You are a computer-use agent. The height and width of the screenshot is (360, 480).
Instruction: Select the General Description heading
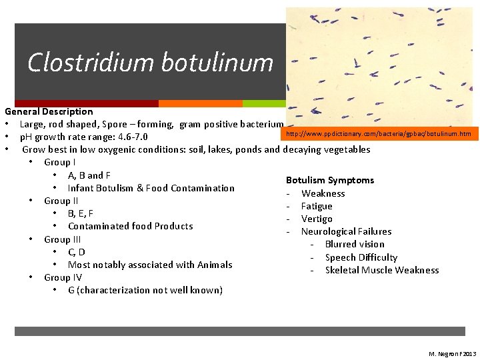click(49, 111)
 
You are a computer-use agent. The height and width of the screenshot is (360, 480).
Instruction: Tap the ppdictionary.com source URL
click(378, 134)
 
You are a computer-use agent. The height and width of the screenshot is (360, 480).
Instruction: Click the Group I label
click(59, 162)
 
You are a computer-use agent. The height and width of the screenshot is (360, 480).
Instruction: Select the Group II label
click(61, 201)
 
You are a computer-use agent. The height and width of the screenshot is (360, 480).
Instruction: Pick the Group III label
click(62, 239)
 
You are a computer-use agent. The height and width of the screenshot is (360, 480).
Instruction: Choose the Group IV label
click(62, 277)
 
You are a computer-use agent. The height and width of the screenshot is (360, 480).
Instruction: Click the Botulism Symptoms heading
click(330, 180)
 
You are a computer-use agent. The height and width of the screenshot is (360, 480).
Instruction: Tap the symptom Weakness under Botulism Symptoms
click(323, 193)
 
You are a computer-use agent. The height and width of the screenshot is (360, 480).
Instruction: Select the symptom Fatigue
click(317, 206)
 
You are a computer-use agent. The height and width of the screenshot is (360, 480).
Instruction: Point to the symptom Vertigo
click(317, 219)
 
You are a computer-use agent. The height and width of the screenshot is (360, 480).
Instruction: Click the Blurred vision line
click(355, 244)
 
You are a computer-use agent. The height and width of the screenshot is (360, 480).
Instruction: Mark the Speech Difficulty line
click(361, 257)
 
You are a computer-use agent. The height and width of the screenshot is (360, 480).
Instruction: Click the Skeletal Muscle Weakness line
click(382, 270)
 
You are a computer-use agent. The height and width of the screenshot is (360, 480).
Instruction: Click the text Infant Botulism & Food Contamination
click(151, 188)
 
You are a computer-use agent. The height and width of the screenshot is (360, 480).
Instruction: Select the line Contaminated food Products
click(130, 226)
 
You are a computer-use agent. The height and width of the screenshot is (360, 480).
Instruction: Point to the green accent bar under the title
click(264, 104)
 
